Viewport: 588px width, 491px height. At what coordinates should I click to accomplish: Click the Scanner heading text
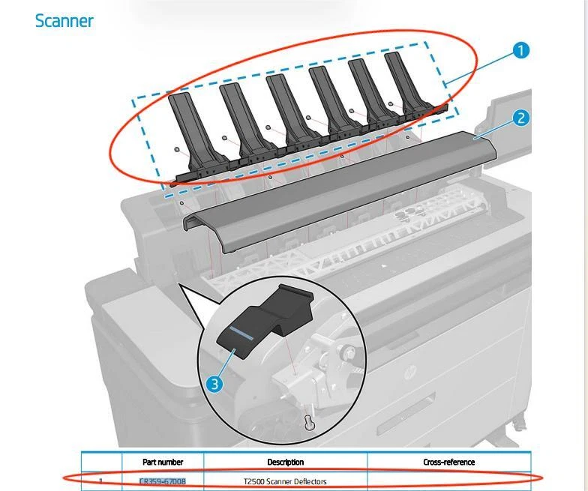pyautogui.click(x=64, y=21)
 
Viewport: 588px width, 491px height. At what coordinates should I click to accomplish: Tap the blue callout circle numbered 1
pyautogui.click(x=520, y=50)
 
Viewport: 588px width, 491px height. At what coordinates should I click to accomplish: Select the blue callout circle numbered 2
pyautogui.click(x=521, y=118)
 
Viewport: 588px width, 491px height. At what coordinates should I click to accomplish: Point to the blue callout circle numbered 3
pyautogui.click(x=214, y=384)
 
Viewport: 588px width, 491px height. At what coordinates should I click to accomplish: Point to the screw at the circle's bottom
pyautogui.click(x=307, y=423)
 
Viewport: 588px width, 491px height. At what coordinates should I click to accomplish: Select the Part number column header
pyautogui.click(x=163, y=462)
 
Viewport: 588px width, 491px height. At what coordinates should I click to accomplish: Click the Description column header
pyautogui.click(x=285, y=462)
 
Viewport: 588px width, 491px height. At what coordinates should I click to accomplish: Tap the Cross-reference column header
pyautogui.click(x=448, y=462)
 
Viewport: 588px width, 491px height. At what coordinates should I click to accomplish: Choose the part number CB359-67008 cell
pyautogui.click(x=163, y=481)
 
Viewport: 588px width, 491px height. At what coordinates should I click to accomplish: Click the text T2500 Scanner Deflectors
pyautogui.click(x=285, y=481)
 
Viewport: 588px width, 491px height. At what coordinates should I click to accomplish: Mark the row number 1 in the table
pyautogui.click(x=101, y=481)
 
